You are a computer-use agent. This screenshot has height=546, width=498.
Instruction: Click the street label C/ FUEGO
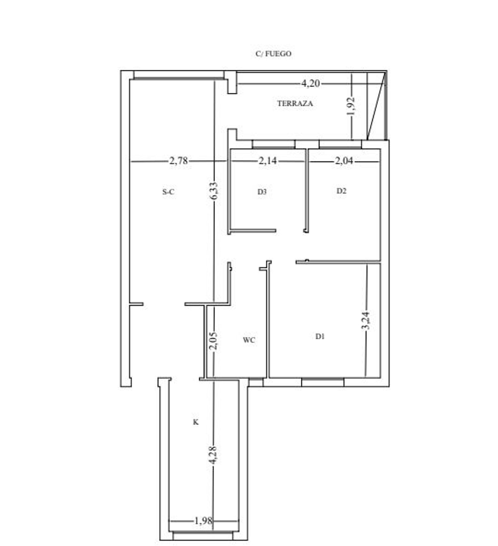click(x=273, y=54)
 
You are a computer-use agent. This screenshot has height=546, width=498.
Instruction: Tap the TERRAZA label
click(x=295, y=103)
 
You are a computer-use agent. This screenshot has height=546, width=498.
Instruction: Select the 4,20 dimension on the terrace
click(x=310, y=83)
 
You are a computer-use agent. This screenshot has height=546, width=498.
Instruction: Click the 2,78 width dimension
click(x=179, y=161)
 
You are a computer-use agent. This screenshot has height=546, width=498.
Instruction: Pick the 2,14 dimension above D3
click(x=268, y=161)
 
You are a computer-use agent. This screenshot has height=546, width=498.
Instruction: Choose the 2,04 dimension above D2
click(x=344, y=161)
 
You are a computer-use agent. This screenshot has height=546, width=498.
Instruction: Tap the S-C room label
click(x=168, y=192)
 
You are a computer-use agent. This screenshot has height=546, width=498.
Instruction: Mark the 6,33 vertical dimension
click(x=214, y=191)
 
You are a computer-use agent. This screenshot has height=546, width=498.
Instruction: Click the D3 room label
click(x=262, y=192)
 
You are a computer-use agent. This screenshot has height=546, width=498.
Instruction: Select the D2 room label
click(x=341, y=191)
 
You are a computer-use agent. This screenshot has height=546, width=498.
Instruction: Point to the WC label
click(x=249, y=340)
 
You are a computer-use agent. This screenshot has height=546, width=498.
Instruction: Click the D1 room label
click(x=320, y=336)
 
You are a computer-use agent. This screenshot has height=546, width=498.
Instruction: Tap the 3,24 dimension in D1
click(x=366, y=320)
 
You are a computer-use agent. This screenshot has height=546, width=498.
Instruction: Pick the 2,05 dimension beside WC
click(x=214, y=341)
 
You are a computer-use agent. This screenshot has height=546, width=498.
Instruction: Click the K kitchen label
click(x=196, y=422)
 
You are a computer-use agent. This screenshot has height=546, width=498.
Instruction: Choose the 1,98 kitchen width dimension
click(x=203, y=521)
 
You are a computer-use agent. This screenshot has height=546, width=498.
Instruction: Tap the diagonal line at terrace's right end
click(x=376, y=106)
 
